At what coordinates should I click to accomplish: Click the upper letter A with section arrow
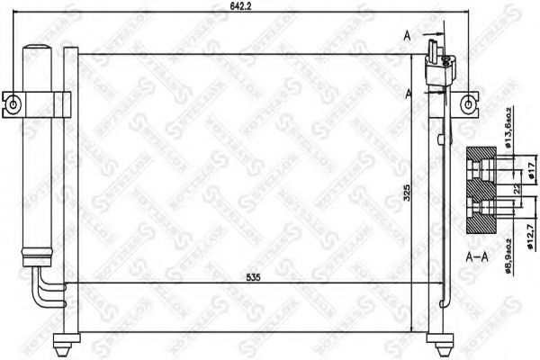coord(408,35)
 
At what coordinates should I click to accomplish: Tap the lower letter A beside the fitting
coord(409,92)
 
